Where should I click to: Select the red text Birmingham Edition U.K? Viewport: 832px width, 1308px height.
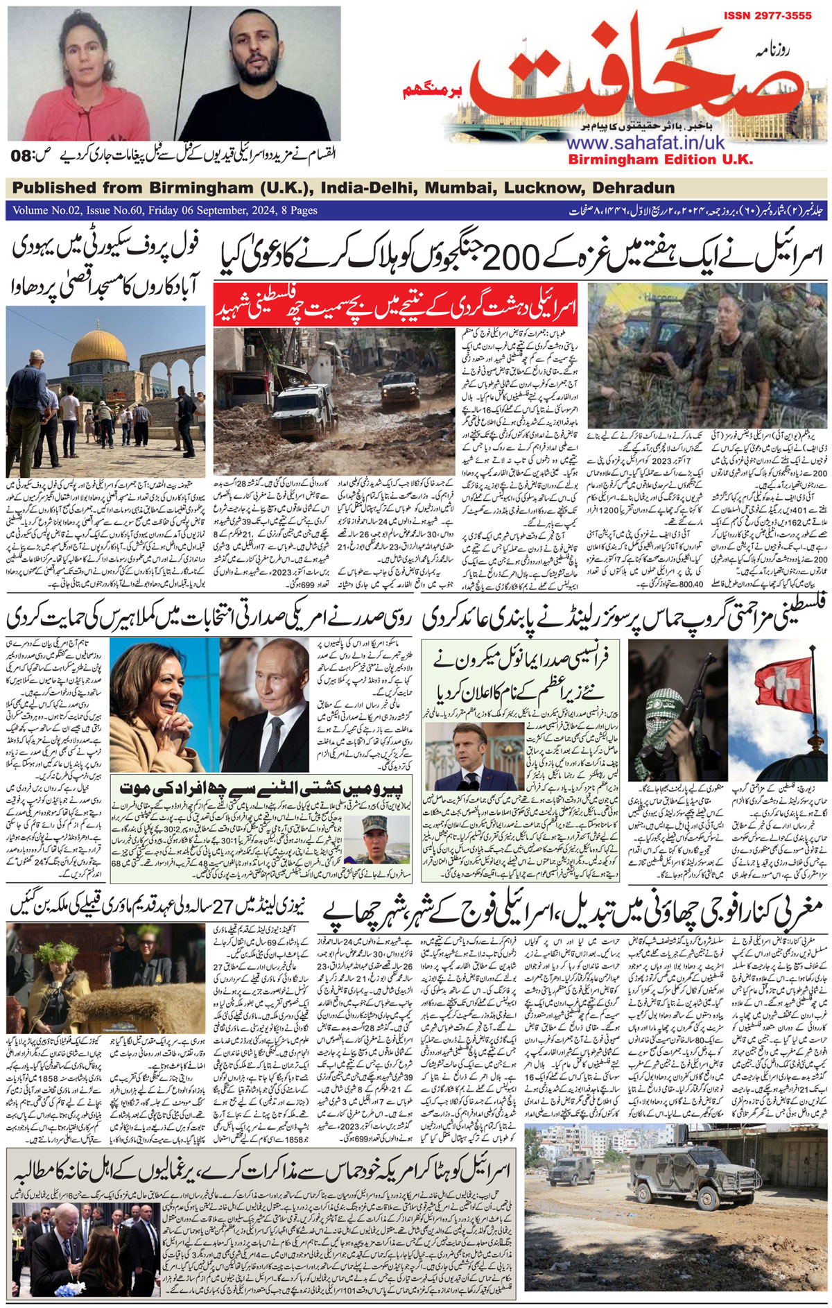[x=660, y=160]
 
